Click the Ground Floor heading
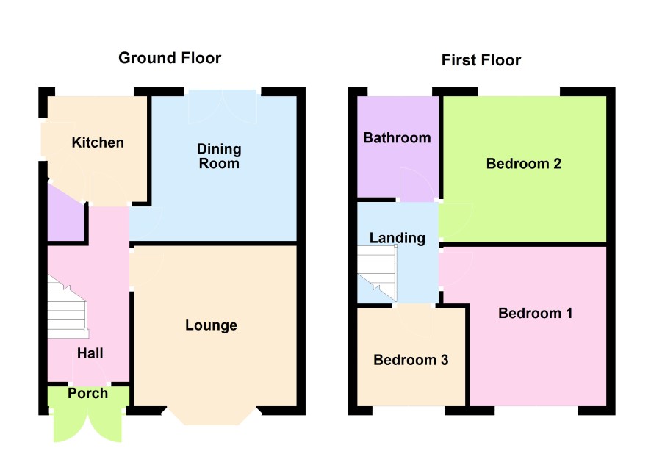[170, 58]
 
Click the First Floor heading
[481, 60]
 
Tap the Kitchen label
[98, 142]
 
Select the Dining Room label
[219, 156]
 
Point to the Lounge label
[211, 325]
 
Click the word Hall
[90, 353]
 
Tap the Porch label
[87, 393]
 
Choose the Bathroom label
[397, 138]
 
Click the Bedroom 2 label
[524, 164]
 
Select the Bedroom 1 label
[535, 313]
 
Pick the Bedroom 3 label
[411, 360]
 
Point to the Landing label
[398, 238]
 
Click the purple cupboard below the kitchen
[65, 217]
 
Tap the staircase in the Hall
[68, 306]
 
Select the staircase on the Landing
[378, 273]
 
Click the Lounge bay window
[212, 416]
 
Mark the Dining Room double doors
[223, 106]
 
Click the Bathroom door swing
[417, 184]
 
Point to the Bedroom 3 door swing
[414, 320]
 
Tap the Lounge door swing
[146, 269]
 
